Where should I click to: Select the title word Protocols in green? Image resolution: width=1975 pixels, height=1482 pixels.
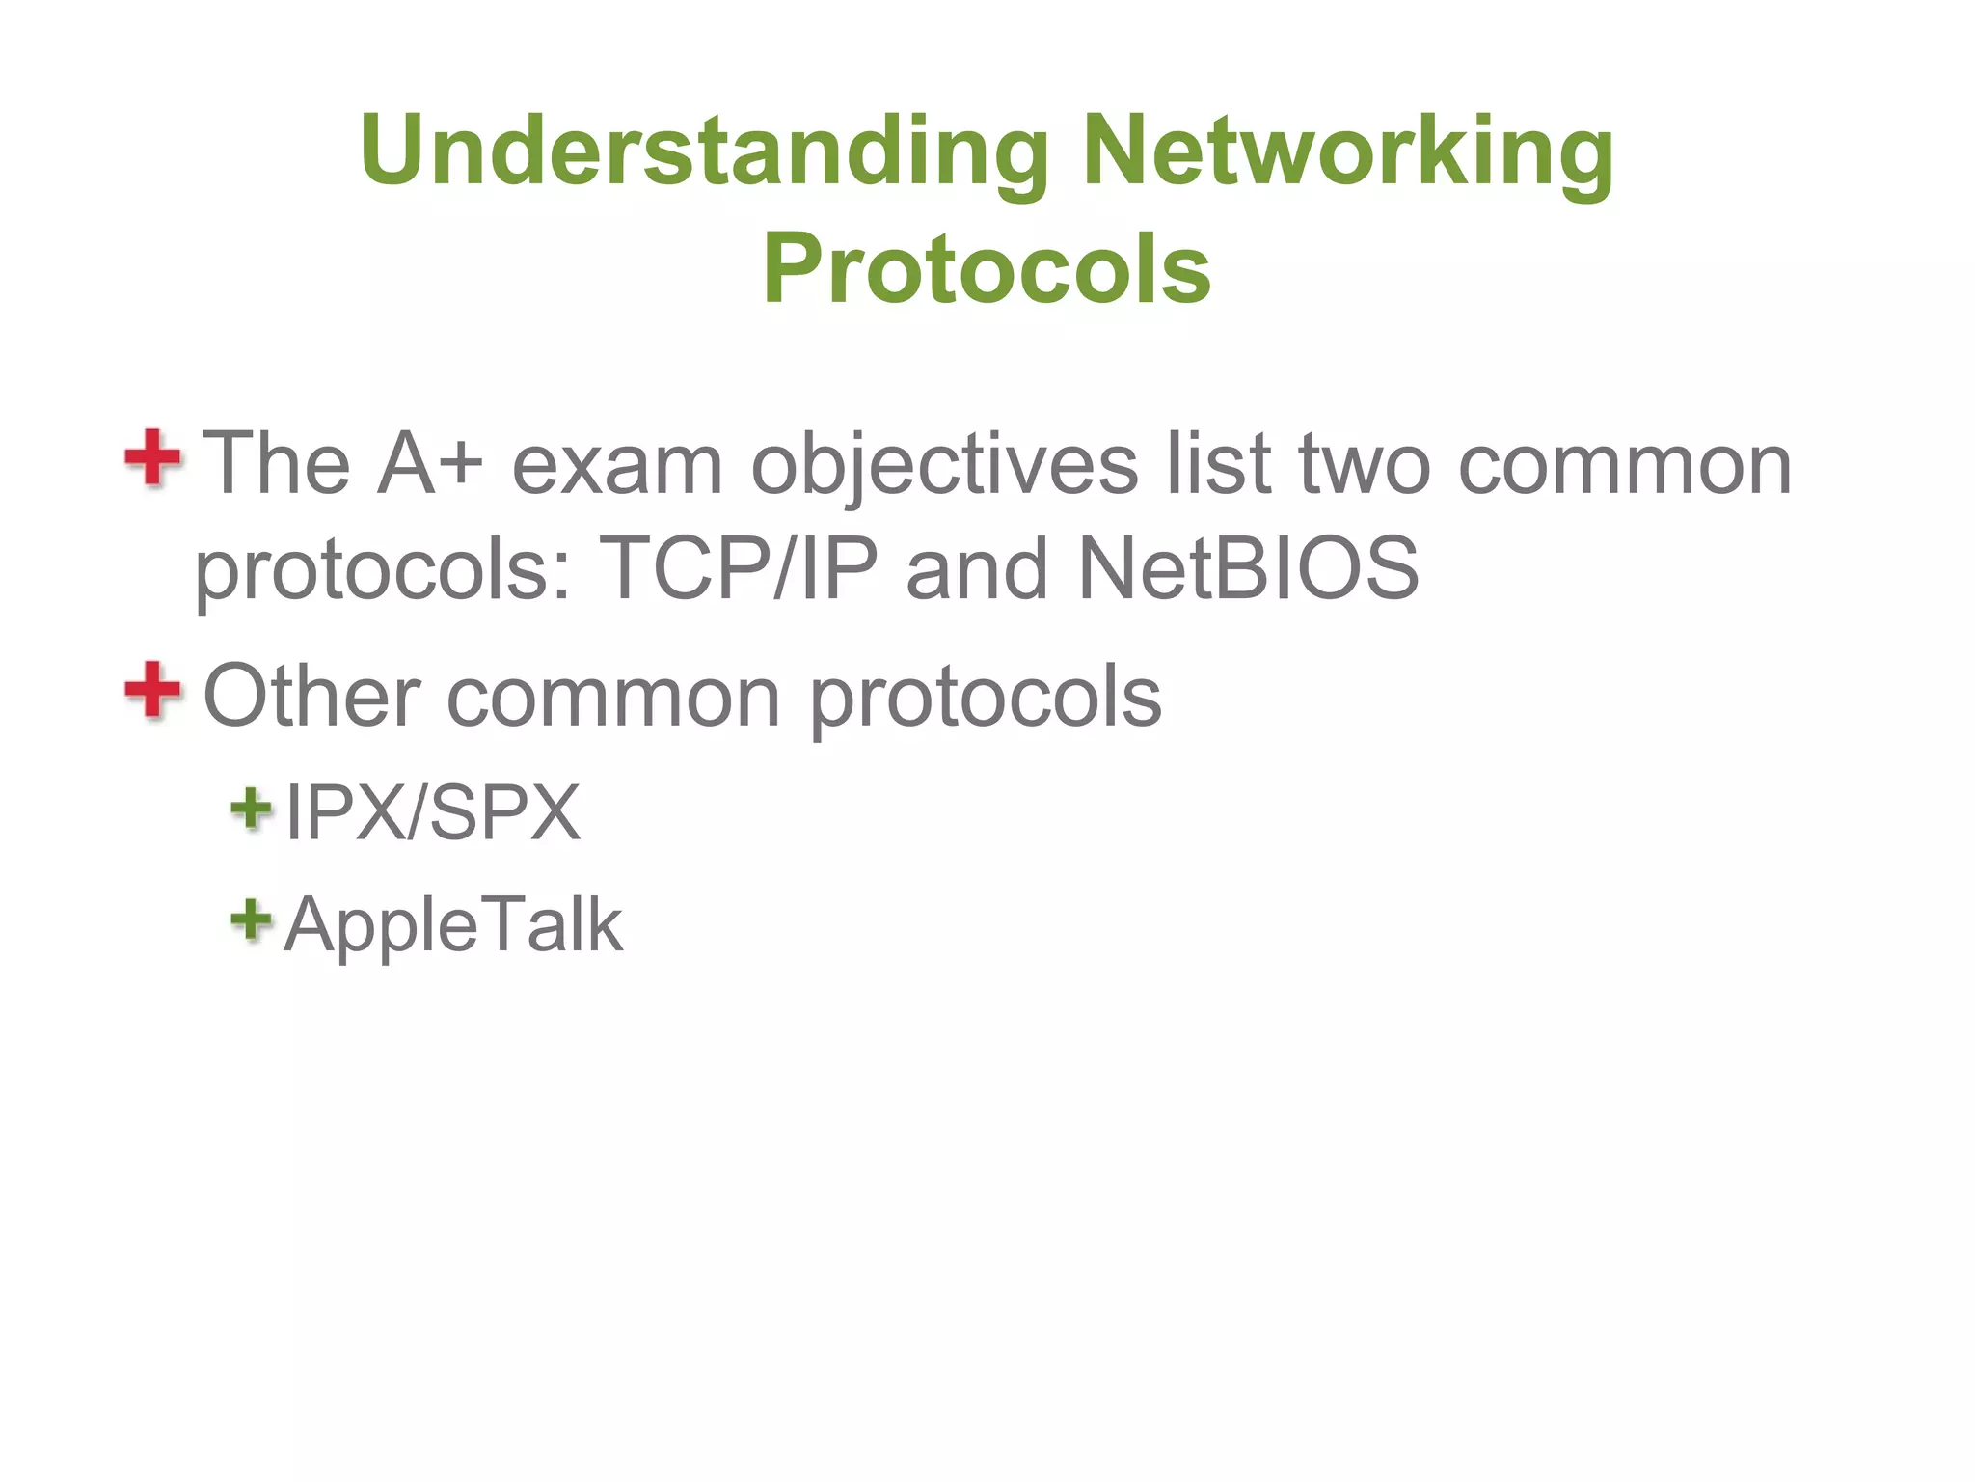point(987,268)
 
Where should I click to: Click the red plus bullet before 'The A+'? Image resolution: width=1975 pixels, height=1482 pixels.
point(152,458)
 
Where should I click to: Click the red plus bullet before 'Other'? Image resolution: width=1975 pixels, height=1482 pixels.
point(152,690)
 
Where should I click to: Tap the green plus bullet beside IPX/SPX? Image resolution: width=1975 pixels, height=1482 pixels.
point(252,808)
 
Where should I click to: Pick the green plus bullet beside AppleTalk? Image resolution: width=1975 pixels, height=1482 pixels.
point(252,919)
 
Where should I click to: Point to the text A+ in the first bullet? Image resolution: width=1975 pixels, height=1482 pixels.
point(430,464)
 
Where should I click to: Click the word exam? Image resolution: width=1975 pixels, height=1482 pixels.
point(617,464)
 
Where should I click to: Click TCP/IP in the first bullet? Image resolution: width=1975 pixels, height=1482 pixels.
point(739,568)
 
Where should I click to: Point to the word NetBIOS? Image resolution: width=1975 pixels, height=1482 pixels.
point(1248,568)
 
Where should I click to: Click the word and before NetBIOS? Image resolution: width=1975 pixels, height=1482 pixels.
point(976,568)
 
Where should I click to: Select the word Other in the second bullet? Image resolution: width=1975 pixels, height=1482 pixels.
point(311,696)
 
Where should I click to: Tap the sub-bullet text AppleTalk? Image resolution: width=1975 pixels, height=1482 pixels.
point(453,924)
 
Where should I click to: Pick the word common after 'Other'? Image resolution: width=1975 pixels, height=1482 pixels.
point(613,698)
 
